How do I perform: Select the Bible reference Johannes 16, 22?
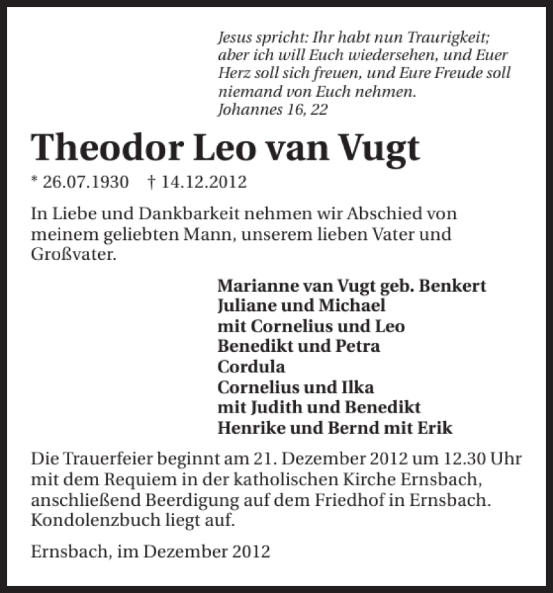[x=272, y=109]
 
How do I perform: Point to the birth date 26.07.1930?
[x=86, y=182]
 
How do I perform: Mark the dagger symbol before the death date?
[x=151, y=182]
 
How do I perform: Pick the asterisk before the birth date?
[x=35, y=181]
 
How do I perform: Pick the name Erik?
[x=435, y=428]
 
